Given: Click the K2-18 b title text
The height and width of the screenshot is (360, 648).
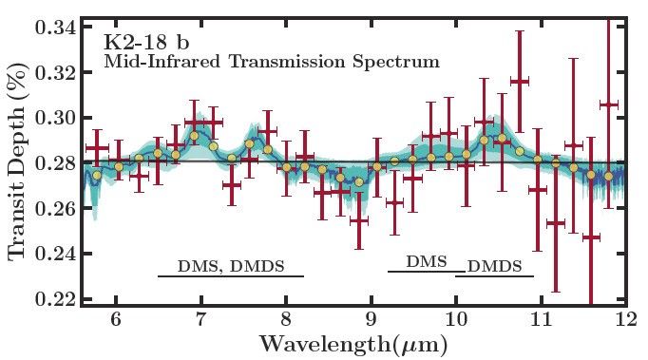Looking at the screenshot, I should (x=145, y=43).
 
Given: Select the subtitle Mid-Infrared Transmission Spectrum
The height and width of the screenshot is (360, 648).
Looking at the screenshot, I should (x=271, y=63).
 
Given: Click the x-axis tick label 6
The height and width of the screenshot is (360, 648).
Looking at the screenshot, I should (x=116, y=320).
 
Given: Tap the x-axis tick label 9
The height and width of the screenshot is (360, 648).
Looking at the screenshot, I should (x=371, y=320).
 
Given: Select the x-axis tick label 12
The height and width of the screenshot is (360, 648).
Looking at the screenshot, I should (x=624, y=320).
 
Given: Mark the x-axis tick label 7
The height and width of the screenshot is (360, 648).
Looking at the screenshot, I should (x=200, y=320).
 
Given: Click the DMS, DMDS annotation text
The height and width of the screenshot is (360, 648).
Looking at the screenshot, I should (x=231, y=266).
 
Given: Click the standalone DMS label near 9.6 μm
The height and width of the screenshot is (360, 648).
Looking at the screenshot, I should (x=426, y=261).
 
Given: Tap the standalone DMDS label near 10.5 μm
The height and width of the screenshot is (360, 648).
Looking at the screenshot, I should (x=495, y=266).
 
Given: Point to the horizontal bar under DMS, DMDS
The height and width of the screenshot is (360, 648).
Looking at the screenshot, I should (x=230, y=276).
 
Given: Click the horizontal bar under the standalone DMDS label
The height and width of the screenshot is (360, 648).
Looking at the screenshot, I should (x=494, y=275).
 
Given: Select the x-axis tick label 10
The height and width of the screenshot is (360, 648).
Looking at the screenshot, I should (x=455, y=320).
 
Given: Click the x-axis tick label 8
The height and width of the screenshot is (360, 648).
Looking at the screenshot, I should (x=285, y=320).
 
